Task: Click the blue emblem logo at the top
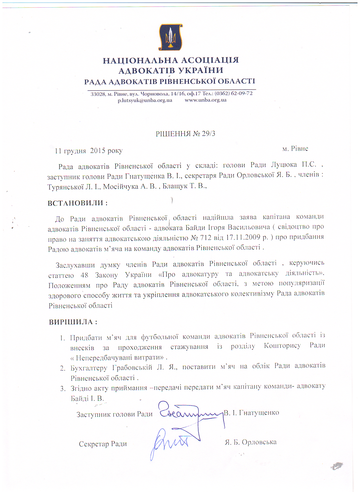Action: click(x=170, y=37)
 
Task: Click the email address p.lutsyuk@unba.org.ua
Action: click(x=145, y=100)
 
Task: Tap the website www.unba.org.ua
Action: click(x=206, y=100)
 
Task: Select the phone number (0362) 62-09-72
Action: click(x=234, y=93)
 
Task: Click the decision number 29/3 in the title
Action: click(x=209, y=134)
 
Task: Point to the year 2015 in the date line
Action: click(x=98, y=151)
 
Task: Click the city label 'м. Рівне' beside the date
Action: click(x=295, y=149)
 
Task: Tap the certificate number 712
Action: click(x=205, y=238)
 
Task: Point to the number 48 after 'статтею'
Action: click(x=84, y=275)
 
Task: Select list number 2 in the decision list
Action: click(x=62, y=368)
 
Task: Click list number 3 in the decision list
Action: click(x=63, y=389)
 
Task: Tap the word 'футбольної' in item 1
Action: click(x=160, y=337)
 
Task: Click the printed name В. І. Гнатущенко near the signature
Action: click(x=251, y=413)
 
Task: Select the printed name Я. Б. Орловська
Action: click(x=250, y=442)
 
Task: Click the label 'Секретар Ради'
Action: click(x=103, y=444)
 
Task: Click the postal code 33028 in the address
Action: click(x=98, y=94)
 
